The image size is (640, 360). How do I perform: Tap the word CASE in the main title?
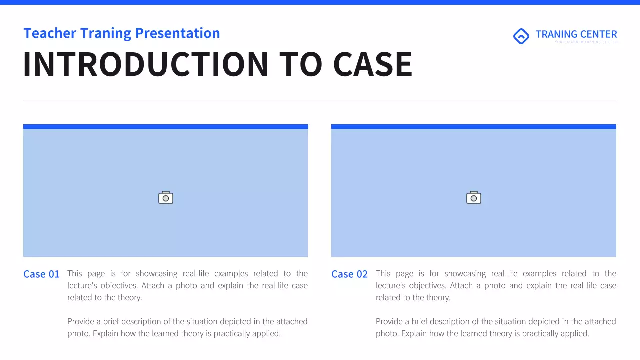373,64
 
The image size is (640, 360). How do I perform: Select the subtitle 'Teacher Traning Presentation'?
122,33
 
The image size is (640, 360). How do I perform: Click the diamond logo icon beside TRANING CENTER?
521,36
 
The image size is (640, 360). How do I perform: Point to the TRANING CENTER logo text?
576,34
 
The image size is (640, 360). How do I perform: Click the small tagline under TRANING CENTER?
585,42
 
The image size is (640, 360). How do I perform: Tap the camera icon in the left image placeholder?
166,198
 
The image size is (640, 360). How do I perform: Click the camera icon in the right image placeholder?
474,198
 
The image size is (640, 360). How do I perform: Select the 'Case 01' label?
41,274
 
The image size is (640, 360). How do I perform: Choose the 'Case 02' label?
349,274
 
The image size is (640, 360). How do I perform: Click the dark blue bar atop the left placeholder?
166,127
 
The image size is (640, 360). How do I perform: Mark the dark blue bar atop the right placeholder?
474,127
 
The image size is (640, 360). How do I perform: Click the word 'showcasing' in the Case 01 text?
157,274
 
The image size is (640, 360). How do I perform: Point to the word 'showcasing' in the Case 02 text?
465,274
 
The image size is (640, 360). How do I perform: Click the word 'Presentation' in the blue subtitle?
177,33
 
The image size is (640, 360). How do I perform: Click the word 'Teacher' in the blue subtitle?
50,33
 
